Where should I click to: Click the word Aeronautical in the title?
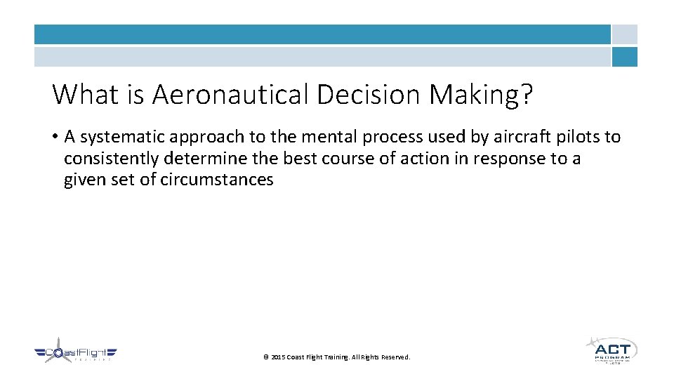[230, 94]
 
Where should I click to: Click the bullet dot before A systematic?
[55, 137]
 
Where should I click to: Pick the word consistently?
[111, 159]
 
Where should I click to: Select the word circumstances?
[217, 180]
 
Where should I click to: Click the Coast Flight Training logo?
[75, 352]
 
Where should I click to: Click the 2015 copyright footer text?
[336, 357]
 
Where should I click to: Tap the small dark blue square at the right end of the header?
[624, 57]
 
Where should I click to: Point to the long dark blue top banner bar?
[322, 34]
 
